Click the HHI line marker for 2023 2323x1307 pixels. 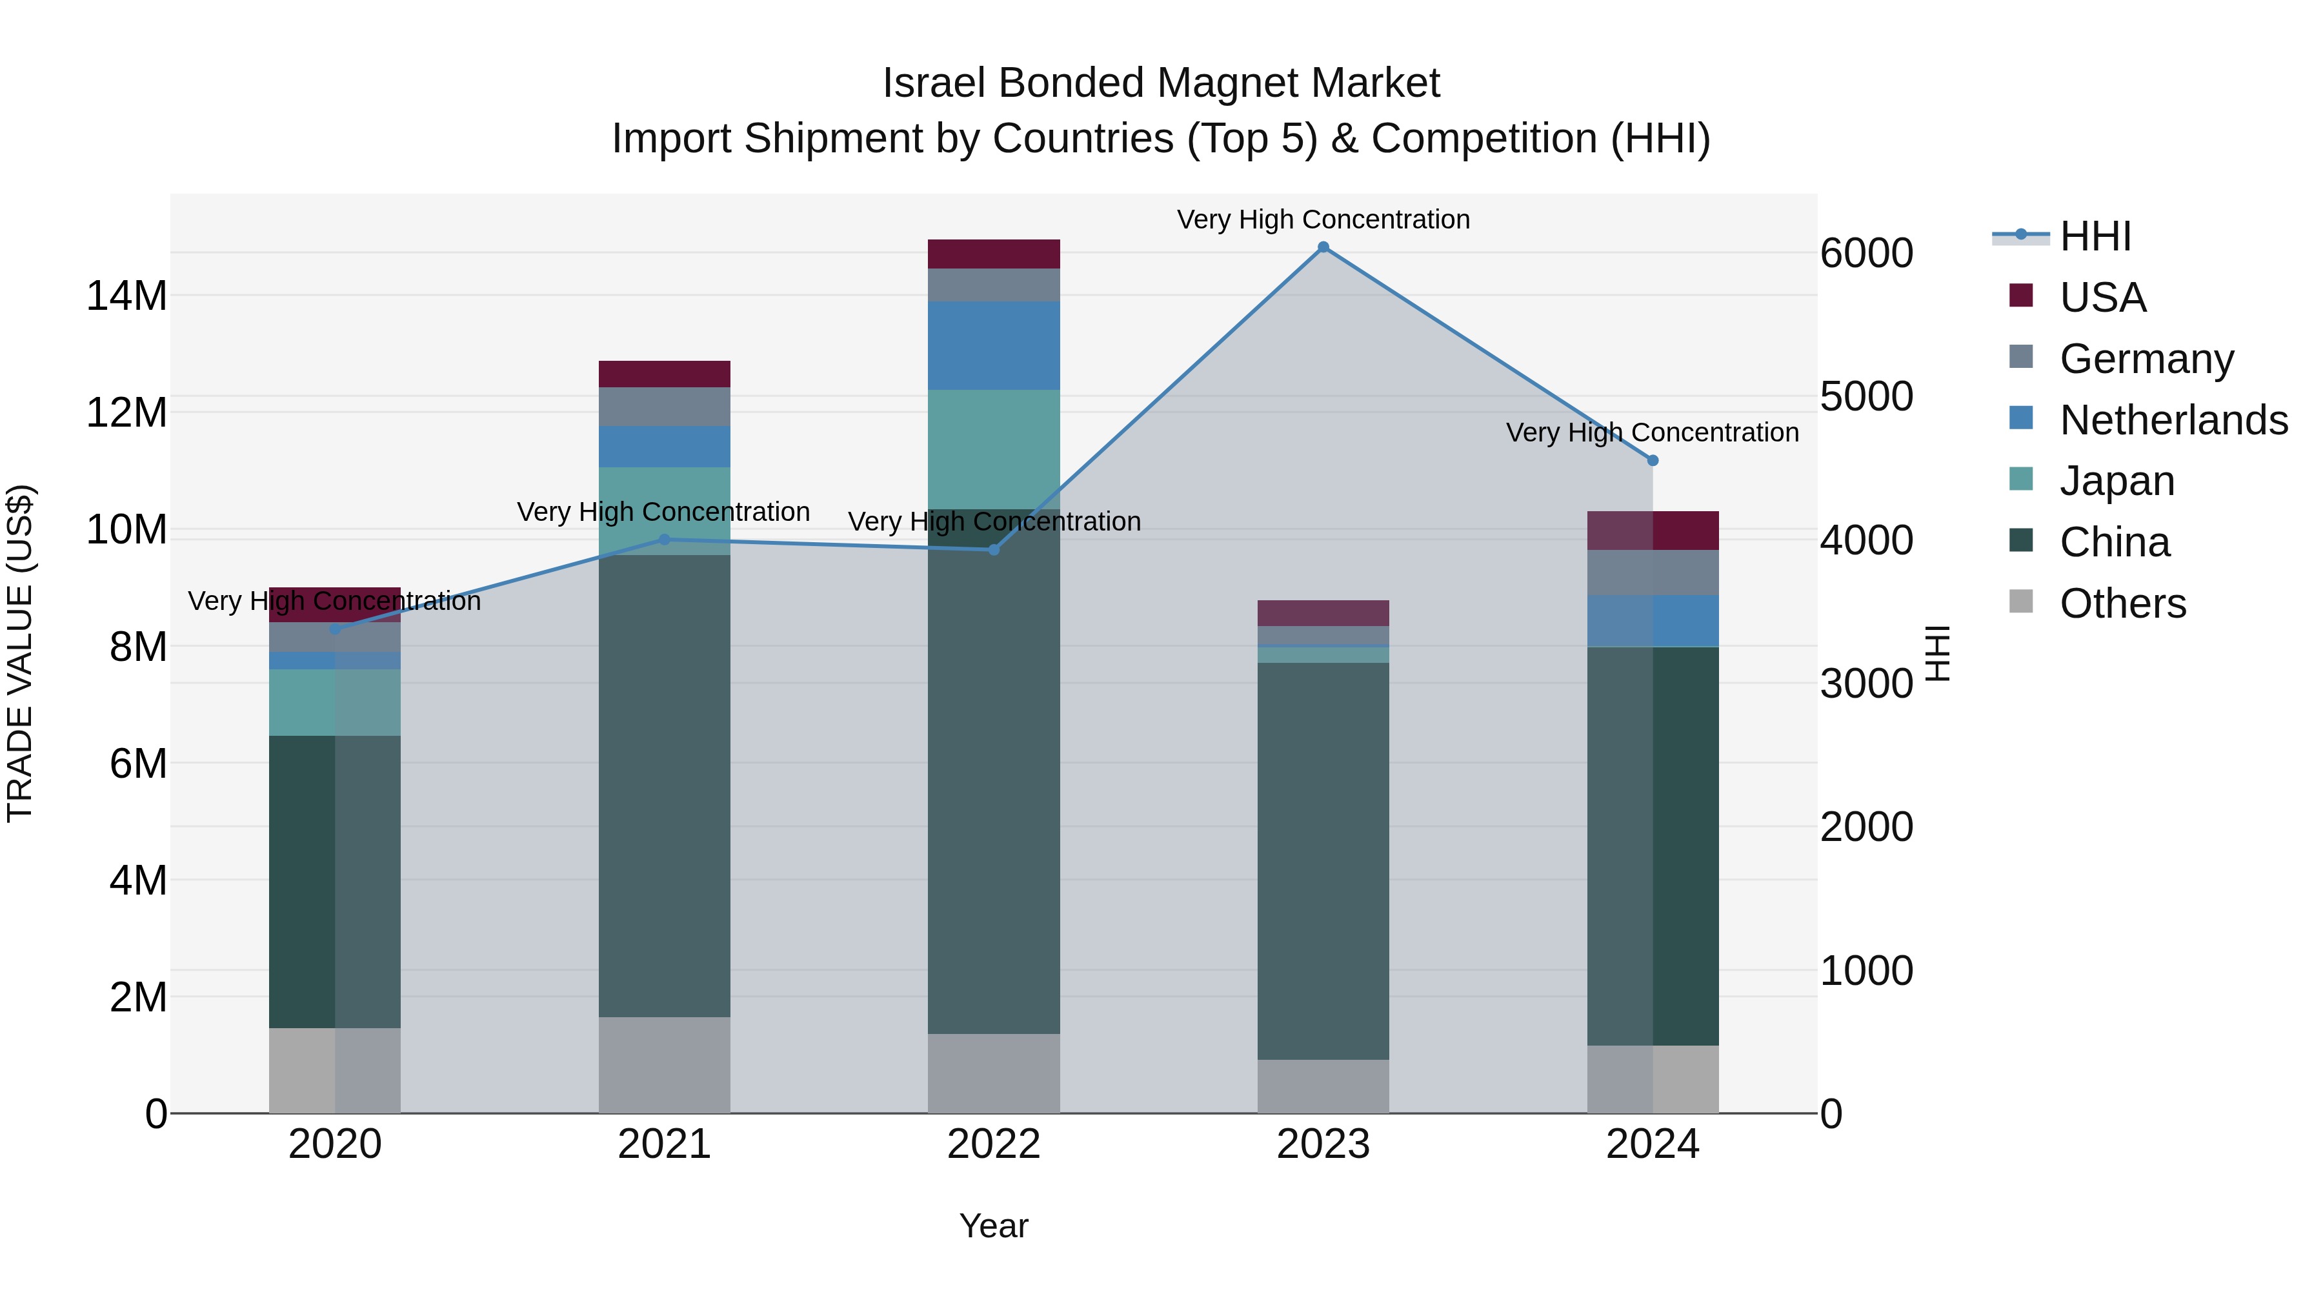coord(1323,247)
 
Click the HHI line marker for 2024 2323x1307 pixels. coord(1652,460)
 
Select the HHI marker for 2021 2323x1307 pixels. coord(665,540)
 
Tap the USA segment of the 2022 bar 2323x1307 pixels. coord(994,254)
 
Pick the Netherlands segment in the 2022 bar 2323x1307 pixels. coord(994,345)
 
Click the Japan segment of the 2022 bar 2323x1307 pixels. coord(994,449)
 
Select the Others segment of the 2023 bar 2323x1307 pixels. coord(1323,1086)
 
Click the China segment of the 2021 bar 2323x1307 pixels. coord(665,785)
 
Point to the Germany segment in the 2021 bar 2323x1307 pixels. coord(665,406)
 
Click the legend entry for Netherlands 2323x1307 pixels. coord(2173,420)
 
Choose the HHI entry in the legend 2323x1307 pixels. coord(2095,236)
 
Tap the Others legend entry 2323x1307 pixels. coord(2122,603)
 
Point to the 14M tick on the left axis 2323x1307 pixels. coord(126,296)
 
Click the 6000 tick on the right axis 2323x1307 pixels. coord(1865,254)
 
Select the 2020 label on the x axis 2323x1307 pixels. coord(334,1144)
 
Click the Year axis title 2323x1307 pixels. coord(993,1226)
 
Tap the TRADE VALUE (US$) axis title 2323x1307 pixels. coord(20,653)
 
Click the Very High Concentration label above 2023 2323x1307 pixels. coord(1323,219)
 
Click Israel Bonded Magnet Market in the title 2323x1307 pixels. coord(1161,83)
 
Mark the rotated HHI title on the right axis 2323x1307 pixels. coord(1938,653)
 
